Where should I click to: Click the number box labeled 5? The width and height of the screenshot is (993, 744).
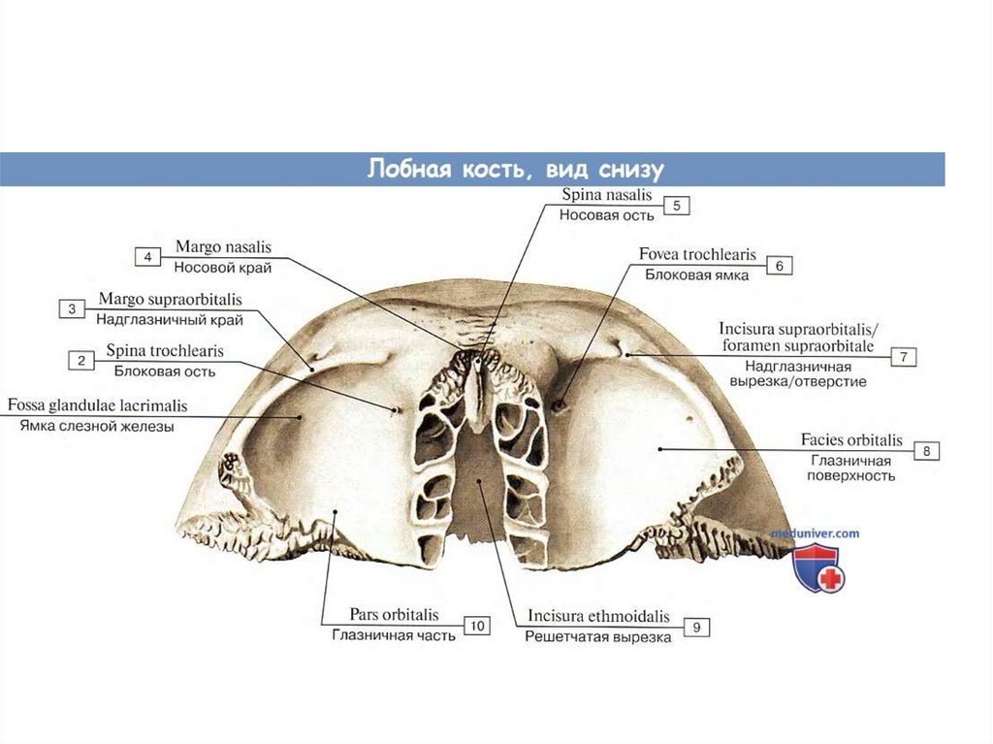(x=676, y=206)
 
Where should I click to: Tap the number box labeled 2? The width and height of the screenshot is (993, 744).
(x=80, y=361)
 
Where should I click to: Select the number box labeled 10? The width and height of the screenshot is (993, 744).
(x=476, y=627)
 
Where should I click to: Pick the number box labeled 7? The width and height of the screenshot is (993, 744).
(x=903, y=357)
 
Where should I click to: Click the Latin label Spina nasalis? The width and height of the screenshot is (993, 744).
(x=607, y=195)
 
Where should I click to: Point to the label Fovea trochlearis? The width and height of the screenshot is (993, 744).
(x=697, y=255)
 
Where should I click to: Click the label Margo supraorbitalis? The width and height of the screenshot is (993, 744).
(x=171, y=299)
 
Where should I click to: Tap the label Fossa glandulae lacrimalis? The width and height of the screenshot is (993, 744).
(x=97, y=404)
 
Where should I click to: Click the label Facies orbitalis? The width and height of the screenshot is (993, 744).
(x=851, y=440)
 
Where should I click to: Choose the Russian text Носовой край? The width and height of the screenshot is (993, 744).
(x=222, y=267)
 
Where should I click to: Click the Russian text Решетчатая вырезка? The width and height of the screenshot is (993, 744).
(x=597, y=637)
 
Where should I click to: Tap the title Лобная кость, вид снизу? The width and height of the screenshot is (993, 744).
(x=515, y=169)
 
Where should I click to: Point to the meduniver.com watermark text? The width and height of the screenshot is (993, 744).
(x=816, y=533)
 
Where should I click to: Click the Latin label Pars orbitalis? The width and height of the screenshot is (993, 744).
(x=394, y=615)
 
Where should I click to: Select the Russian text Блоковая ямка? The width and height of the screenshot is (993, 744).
(x=697, y=275)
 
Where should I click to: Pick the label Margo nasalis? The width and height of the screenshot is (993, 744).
(x=223, y=246)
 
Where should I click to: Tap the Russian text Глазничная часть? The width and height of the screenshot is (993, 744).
(x=393, y=636)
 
